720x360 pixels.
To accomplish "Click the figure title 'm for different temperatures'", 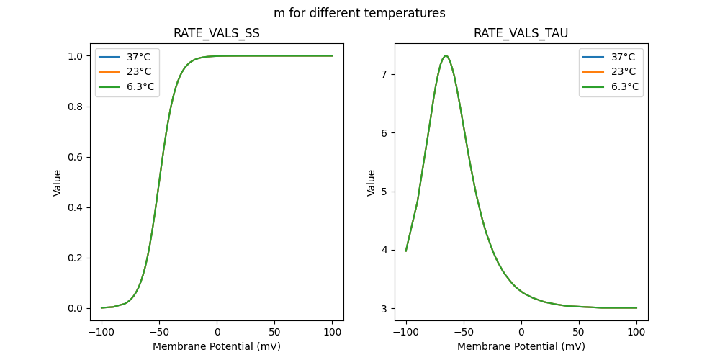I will (359, 13).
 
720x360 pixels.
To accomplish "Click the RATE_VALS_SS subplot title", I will (217, 33).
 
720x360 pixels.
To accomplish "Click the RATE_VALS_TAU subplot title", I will (521, 33).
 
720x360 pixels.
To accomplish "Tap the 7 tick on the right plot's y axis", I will (385, 74).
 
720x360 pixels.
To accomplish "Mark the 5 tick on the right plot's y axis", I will (385, 192).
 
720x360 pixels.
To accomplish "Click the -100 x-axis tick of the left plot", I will (102, 332).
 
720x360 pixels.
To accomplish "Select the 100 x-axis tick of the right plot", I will (636, 332).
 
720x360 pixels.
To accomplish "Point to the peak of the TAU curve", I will (446, 55).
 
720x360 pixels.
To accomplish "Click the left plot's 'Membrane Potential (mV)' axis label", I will (217, 346).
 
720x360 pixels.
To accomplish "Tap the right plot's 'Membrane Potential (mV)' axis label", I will (521, 346).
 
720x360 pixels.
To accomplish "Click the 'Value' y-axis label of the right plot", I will (372, 183).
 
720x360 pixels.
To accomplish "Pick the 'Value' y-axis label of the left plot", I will (58, 183).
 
